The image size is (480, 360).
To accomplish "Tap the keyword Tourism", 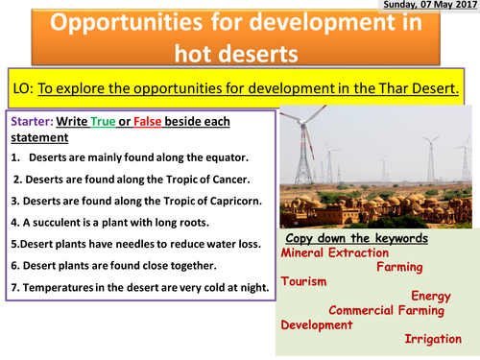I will click(303, 282).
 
